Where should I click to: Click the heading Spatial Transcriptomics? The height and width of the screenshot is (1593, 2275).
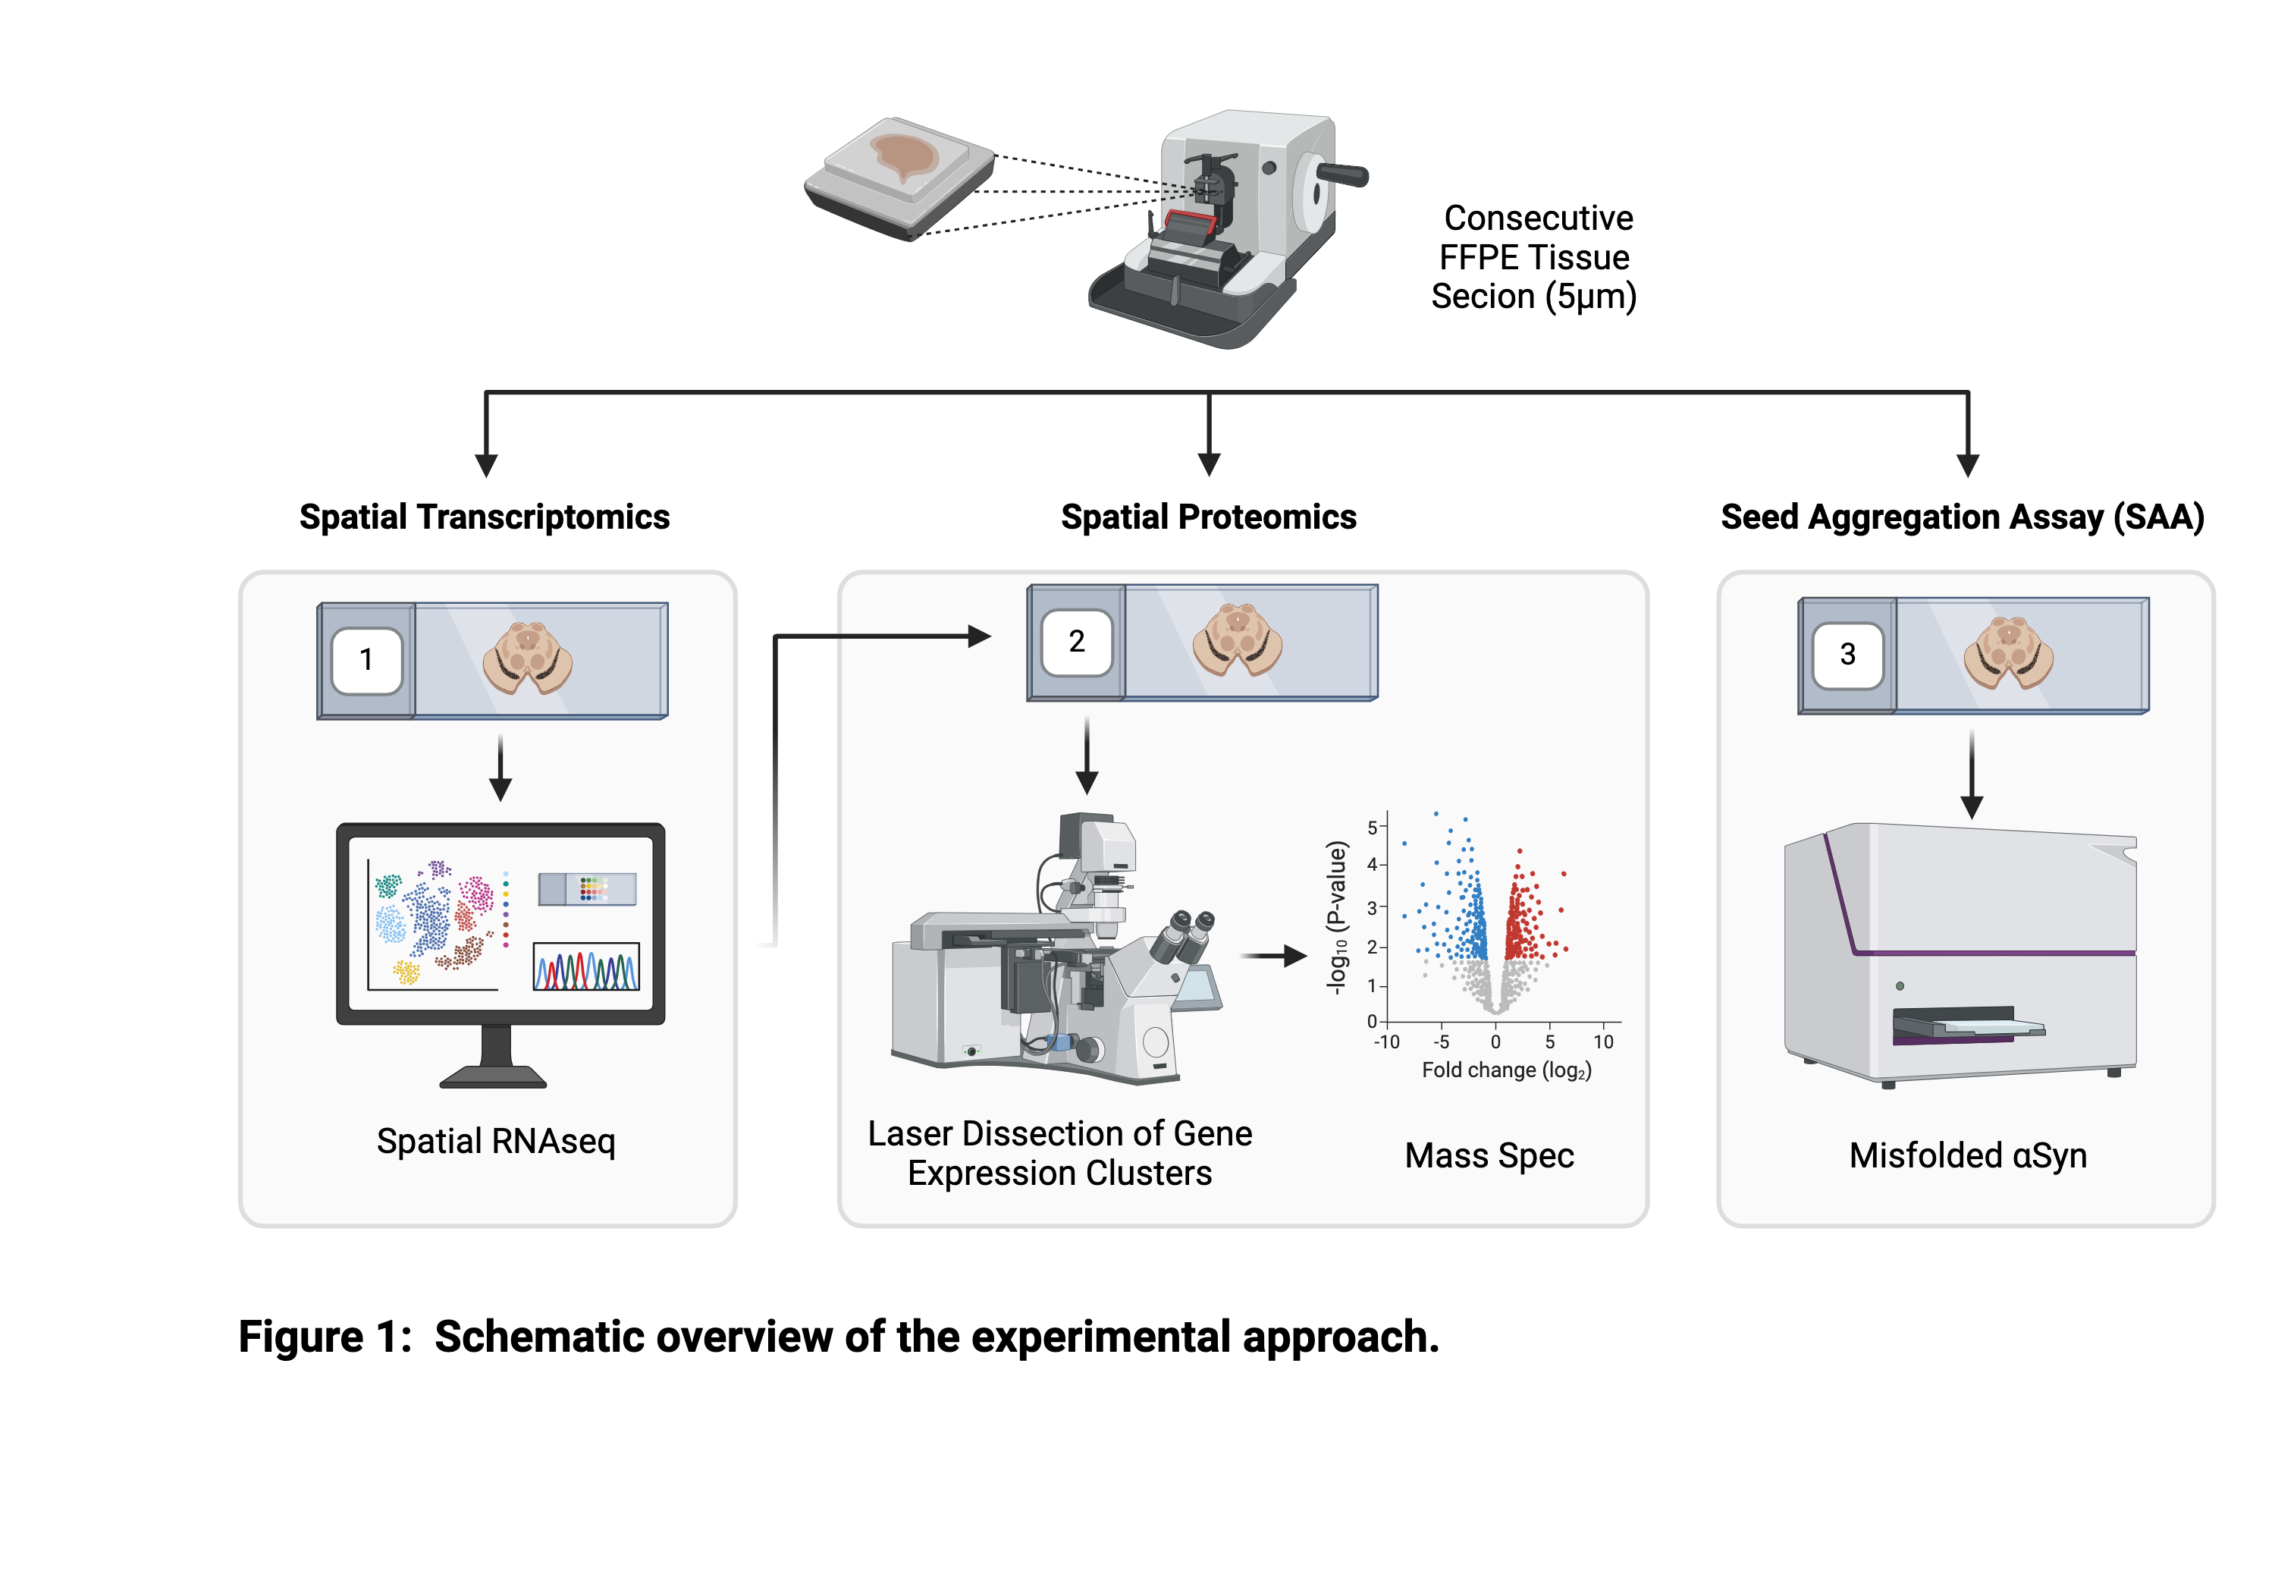[x=485, y=517]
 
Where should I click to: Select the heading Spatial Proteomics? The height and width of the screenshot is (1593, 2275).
[x=1208, y=517]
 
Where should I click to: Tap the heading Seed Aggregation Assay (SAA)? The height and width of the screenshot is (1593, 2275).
[x=1962, y=517]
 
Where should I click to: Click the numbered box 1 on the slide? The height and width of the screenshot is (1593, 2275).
[x=366, y=660]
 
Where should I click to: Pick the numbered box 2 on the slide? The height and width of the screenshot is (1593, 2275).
[x=1077, y=643]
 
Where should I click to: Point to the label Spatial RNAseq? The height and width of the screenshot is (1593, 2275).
[x=495, y=1141]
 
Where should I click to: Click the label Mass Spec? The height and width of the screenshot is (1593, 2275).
[x=1489, y=1156]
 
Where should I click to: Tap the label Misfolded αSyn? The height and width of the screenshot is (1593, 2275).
[x=1967, y=1156]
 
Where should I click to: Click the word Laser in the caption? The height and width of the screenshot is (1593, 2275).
[x=909, y=1133]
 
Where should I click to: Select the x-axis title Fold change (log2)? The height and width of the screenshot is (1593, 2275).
[x=1506, y=1070]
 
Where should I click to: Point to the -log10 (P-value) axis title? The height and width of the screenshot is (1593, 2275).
[x=1337, y=917]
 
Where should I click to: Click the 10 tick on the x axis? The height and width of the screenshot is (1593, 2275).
[x=1603, y=1042]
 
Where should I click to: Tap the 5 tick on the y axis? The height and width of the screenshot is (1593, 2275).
[x=1373, y=827]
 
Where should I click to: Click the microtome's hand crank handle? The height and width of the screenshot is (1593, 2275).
[x=1342, y=175]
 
